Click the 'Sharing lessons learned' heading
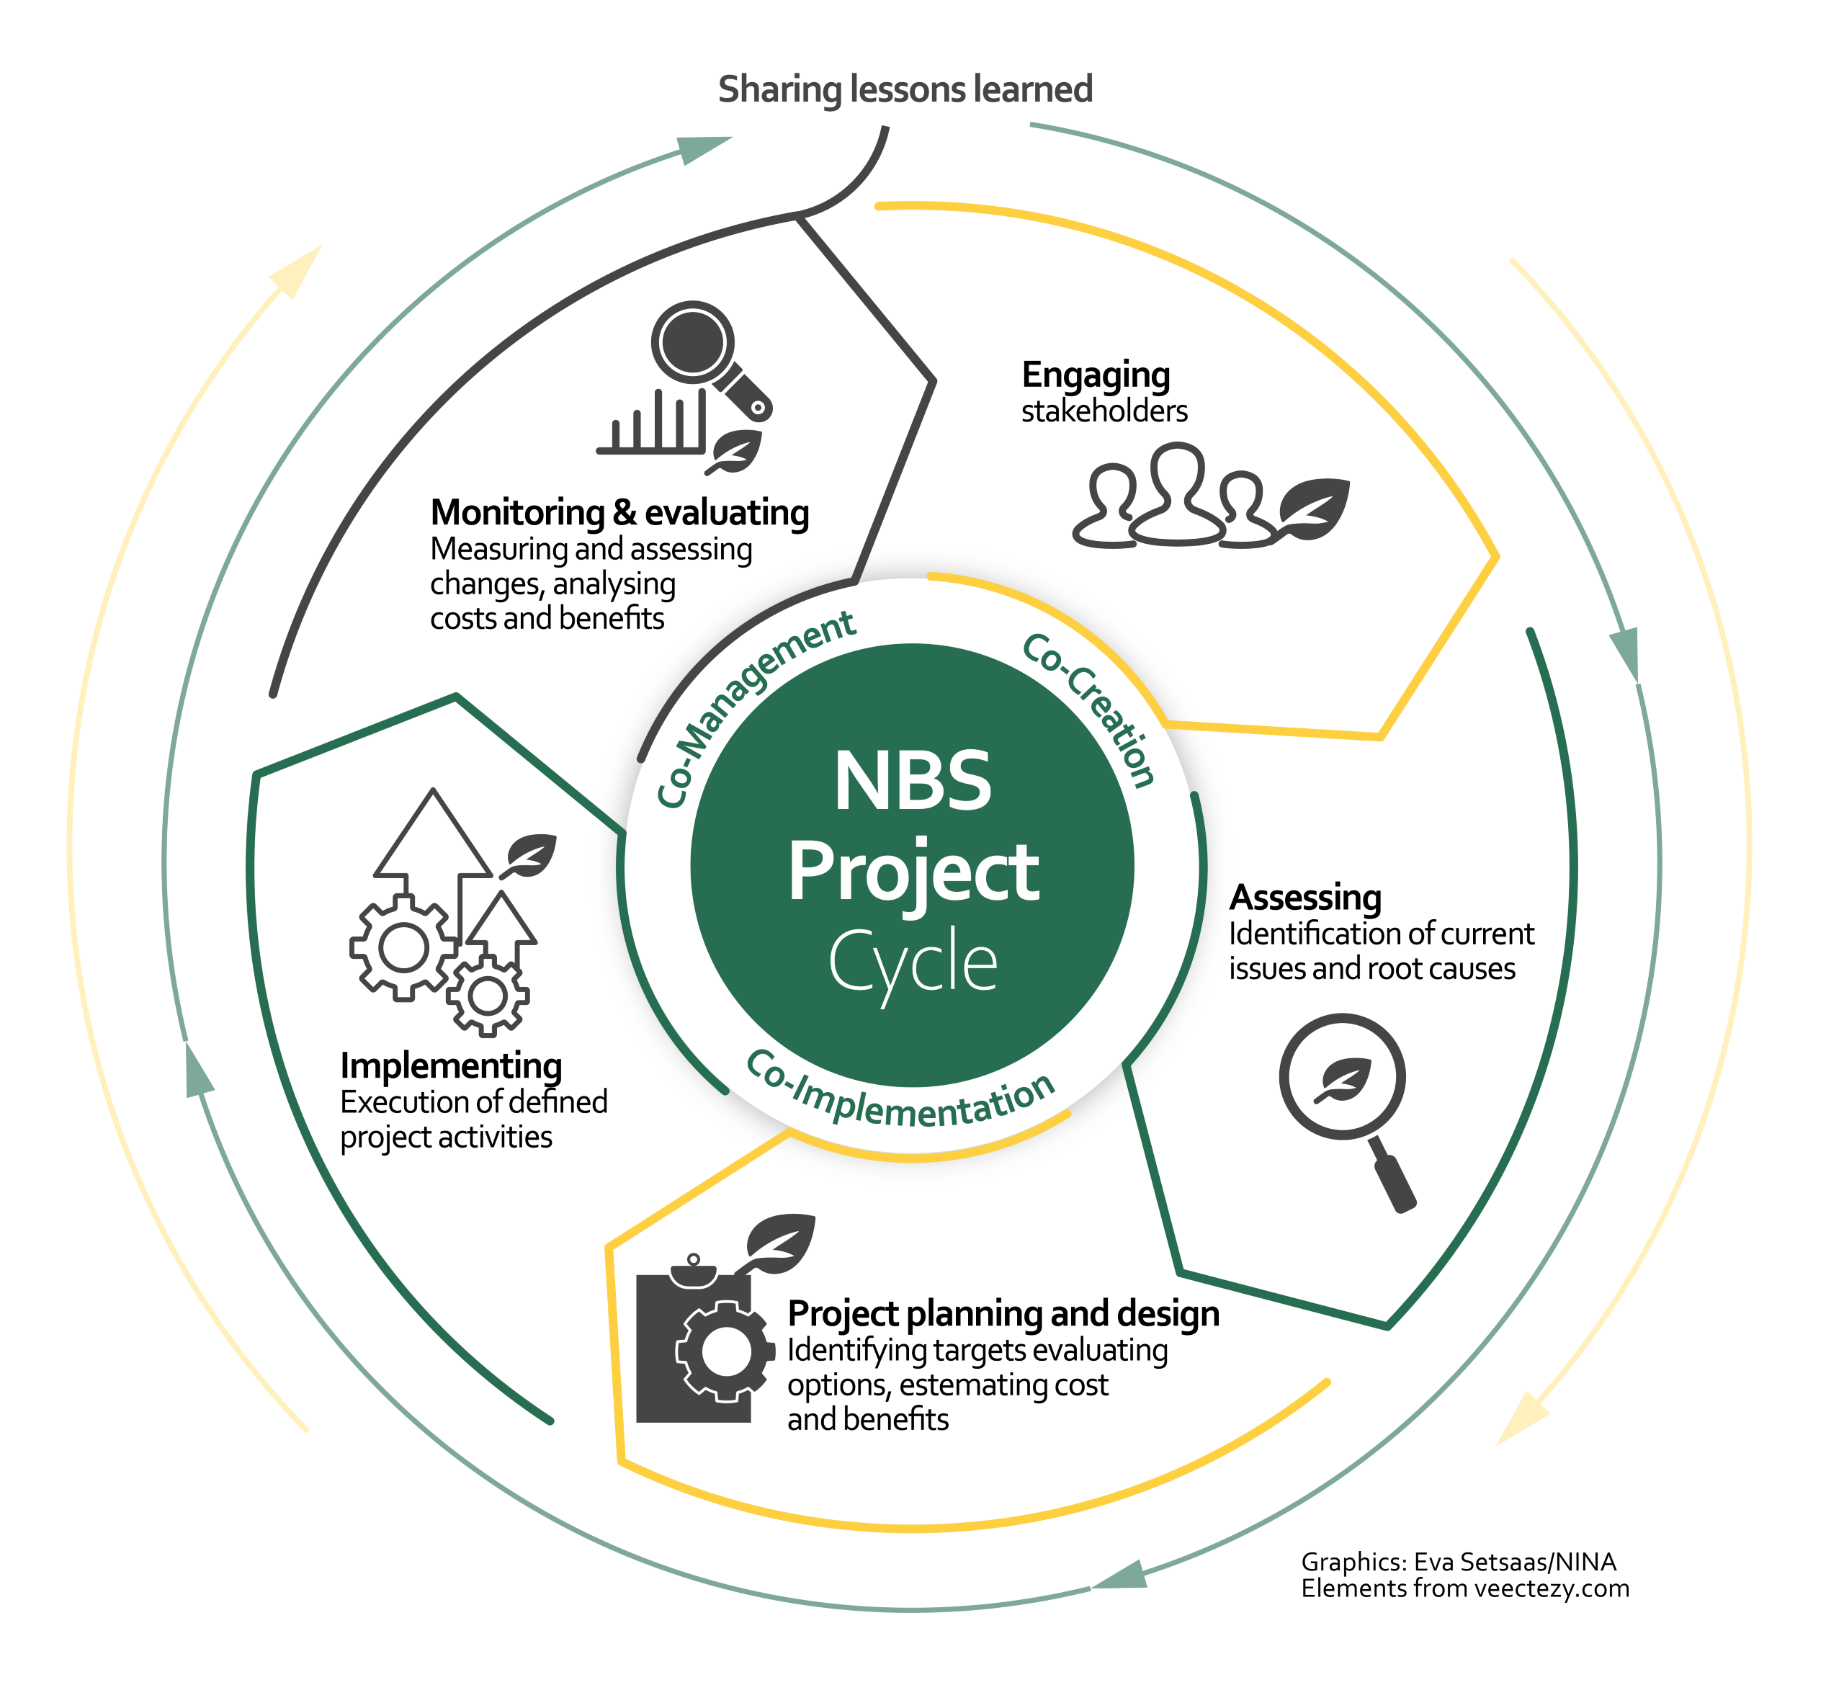pos(905,89)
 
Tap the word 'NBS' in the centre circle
pos(913,782)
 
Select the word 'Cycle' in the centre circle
pos(913,961)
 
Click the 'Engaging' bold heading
pos(1096,375)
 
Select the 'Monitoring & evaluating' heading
pos(619,512)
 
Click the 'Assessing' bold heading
pos(1305,898)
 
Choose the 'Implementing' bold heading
pos(451,1065)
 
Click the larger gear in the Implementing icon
pos(403,948)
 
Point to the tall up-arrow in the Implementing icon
pos(433,839)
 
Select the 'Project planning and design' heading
pos(1003,1313)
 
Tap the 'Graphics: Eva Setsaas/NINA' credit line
pos(1458,1562)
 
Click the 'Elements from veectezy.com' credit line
pos(1464,1588)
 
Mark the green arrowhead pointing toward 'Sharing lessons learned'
pos(704,148)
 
